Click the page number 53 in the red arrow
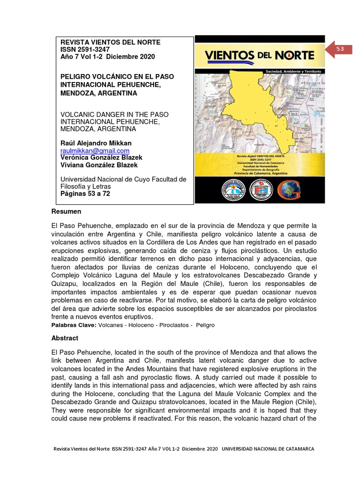click(340, 49)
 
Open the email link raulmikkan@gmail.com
click(95, 150)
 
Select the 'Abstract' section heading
click(65, 338)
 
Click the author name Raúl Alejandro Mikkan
click(96, 143)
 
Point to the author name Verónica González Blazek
click(101, 157)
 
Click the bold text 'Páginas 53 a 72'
click(85, 194)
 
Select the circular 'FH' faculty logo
click(261, 190)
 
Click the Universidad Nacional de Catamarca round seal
click(233, 190)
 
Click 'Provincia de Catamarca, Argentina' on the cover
click(261, 173)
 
